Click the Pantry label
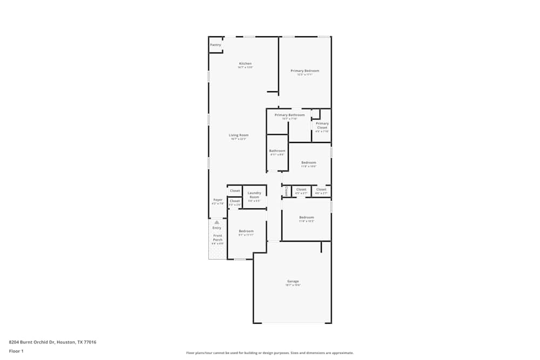coord(215,45)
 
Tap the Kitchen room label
coord(245,64)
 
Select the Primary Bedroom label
coord(305,71)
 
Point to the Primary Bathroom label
coord(289,115)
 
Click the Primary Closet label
coord(322,125)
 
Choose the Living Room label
coord(238,135)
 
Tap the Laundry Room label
coord(254,195)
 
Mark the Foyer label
coord(218,200)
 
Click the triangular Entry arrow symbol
coord(217,222)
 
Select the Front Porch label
coord(217,237)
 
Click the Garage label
coord(293,281)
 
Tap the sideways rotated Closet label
coord(286,191)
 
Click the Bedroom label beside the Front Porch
coord(246,231)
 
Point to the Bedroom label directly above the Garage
coord(306,218)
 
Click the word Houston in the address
coord(67,342)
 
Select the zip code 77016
coord(90,342)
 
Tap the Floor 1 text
coord(16,351)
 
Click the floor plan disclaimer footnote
coord(269,353)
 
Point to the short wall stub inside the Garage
coord(321,247)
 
